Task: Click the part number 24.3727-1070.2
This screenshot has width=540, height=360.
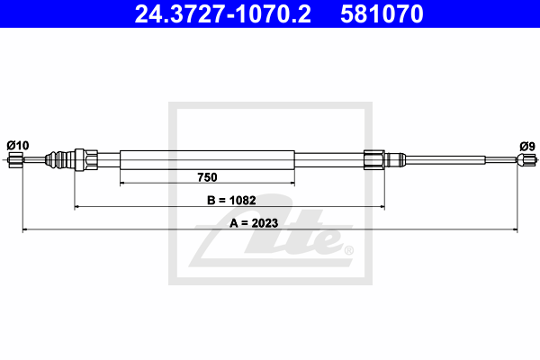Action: tap(223, 13)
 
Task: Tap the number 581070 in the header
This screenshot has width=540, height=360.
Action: tap(382, 13)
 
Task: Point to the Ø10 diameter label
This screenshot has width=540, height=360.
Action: tap(18, 146)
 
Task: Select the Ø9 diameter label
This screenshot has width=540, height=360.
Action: tap(527, 147)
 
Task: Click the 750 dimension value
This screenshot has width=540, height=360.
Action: tap(207, 177)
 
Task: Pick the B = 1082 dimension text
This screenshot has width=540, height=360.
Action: tap(231, 200)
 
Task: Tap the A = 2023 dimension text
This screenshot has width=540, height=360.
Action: tap(254, 223)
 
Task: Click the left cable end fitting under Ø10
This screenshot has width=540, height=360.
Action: tap(15, 160)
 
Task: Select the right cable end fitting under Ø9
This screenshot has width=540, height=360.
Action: tap(526, 159)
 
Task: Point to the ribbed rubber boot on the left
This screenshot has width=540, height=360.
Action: tap(59, 160)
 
